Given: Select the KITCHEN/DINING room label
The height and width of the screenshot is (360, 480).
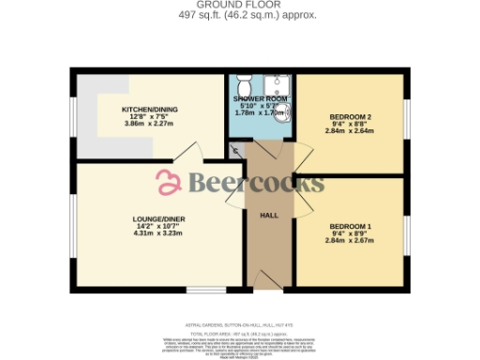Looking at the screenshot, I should pos(150,109).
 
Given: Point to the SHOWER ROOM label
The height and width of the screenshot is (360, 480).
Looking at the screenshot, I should pos(261,98).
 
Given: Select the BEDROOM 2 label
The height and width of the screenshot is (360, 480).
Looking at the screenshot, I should pos(351,116).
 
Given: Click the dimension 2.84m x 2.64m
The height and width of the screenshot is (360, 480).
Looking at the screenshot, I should pos(351,131).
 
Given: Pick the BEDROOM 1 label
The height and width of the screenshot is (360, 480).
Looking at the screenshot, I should pos(351,227).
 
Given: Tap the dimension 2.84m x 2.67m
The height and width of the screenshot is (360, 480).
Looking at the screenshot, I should pos(351,241).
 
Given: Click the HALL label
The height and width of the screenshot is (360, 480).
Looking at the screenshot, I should pos(269,216).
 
